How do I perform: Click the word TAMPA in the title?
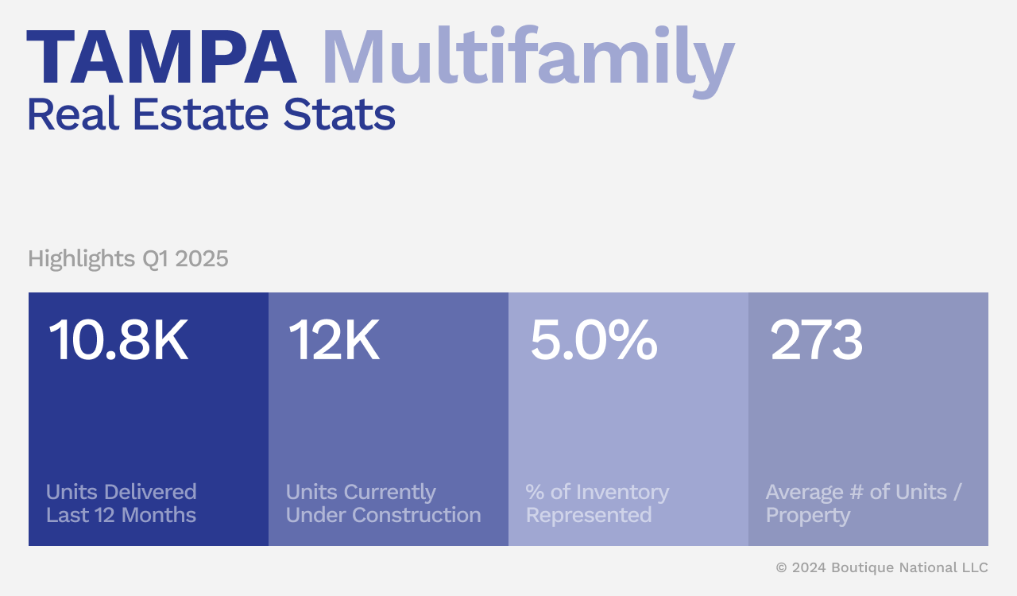(x=161, y=59)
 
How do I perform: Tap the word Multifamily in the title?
(x=527, y=59)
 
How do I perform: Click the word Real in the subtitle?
(x=74, y=114)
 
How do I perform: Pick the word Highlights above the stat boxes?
(x=81, y=259)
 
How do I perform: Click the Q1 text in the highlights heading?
(x=155, y=259)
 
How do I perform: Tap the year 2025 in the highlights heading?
(x=202, y=259)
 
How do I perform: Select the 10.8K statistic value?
(x=118, y=341)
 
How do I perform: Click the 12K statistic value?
(x=334, y=341)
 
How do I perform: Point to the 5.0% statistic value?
(x=594, y=341)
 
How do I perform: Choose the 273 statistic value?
(x=816, y=341)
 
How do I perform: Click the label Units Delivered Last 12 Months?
(x=121, y=503)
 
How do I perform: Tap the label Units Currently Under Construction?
(x=383, y=503)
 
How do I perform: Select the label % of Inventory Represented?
(x=597, y=503)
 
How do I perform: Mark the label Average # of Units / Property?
(x=864, y=503)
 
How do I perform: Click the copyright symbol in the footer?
(x=782, y=567)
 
